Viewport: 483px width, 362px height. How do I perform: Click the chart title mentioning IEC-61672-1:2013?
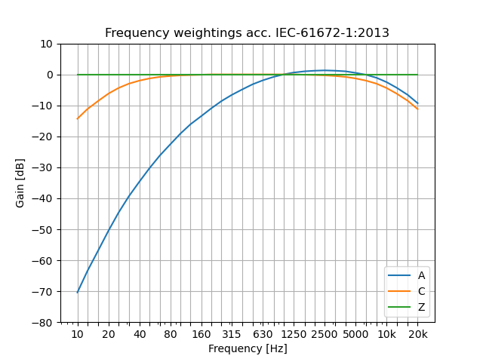(247, 33)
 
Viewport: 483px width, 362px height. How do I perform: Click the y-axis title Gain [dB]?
(20, 183)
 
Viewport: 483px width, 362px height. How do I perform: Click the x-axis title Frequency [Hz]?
(248, 348)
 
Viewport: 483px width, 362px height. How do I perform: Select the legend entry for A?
(421, 276)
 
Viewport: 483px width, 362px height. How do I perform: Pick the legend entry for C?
(421, 291)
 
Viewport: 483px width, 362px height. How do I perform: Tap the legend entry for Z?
(421, 307)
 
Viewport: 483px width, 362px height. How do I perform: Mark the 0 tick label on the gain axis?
(48, 75)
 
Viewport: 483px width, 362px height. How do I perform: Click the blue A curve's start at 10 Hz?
(78, 292)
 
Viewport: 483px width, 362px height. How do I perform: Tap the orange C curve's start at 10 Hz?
(78, 118)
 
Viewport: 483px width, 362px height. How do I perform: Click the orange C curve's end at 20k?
(417, 109)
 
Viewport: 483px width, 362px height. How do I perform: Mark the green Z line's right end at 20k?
(417, 75)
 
